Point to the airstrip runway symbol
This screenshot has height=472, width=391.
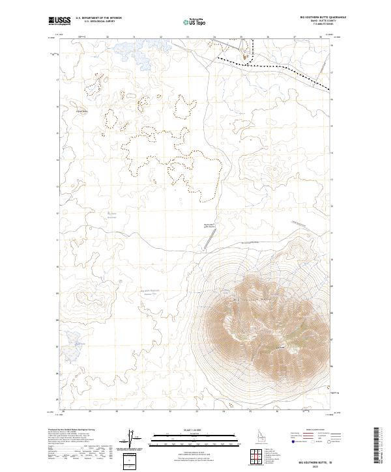pyautogui.click(x=207, y=240)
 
